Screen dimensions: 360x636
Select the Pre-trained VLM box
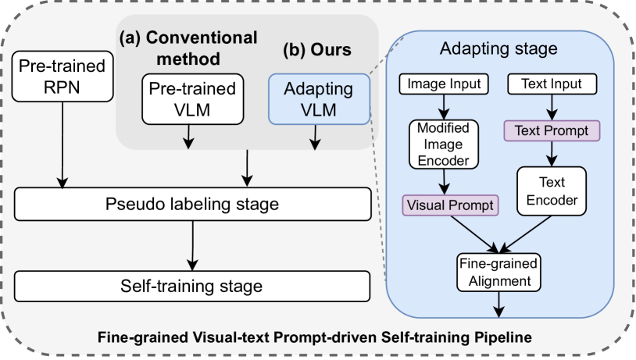(188, 98)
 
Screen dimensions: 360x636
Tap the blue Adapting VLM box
(318, 98)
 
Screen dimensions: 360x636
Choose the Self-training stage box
(192, 286)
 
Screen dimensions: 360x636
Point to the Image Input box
(445, 82)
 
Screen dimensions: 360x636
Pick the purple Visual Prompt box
(448, 205)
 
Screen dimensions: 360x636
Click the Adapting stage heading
(498, 49)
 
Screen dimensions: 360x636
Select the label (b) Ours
(316, 49)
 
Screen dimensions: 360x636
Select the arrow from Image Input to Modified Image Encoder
(445, 105)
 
